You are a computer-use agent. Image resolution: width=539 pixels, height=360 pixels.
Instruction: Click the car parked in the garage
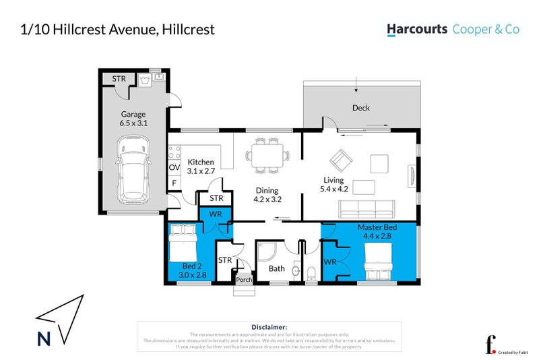point(133,171)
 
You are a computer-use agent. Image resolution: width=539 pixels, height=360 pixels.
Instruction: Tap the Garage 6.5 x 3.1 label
point(133,119)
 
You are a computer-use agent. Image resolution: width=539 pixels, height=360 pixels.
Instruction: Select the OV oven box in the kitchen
point(174,167)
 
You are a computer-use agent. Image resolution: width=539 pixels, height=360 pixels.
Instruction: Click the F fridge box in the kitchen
point(174,183)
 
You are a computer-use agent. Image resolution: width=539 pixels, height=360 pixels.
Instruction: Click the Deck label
point(361,108)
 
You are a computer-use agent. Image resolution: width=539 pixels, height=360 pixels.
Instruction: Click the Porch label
point(243,280)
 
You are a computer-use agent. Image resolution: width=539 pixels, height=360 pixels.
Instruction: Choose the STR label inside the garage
point(119,79)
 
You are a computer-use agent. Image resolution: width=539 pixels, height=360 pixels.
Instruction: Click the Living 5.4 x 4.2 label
point(334,184)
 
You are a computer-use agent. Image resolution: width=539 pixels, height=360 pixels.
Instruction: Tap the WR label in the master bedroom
point(330,261)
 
